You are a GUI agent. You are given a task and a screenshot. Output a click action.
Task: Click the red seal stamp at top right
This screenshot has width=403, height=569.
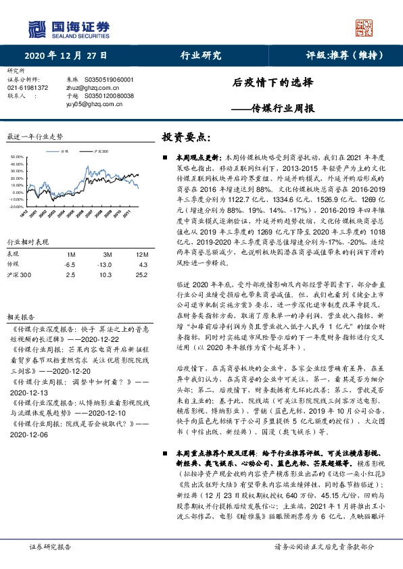(x=364, y=28)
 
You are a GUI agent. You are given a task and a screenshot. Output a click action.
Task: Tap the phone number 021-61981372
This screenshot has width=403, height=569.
(x=28, y=88)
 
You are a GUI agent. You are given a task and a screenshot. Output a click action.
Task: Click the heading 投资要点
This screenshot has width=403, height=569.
(x=181, y=137)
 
